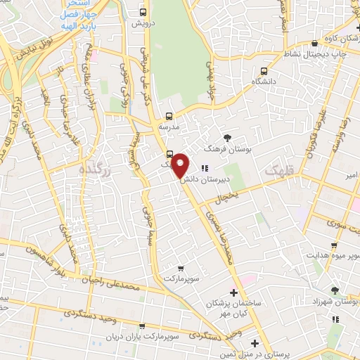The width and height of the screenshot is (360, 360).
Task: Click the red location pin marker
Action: coord(181,166)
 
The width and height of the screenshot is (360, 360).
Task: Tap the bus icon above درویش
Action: coord(144,13)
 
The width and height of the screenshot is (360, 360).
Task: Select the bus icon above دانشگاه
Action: coord(264,71)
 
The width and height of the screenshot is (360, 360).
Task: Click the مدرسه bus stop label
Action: coord(168,127)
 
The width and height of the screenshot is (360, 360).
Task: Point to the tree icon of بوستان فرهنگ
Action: coord(226,138)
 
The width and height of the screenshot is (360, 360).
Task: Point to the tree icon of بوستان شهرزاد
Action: coord(335,290)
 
